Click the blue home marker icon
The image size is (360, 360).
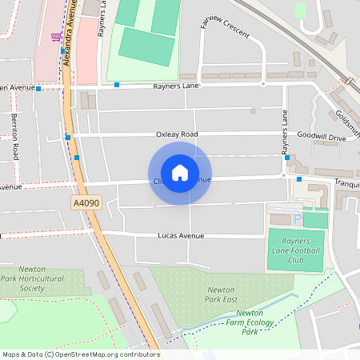click(180, 173)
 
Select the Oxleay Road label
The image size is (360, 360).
click(177, 134)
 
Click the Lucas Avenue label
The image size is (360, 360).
click(181, 236)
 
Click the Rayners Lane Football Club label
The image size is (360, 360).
click(295, 249)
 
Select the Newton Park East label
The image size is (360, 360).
click(221, 294)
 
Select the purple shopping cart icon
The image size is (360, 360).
click(55, 36)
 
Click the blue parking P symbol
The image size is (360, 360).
click(298, 218)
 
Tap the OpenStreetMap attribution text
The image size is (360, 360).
click(81, 354)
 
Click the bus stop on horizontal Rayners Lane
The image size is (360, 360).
click(117, 84)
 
